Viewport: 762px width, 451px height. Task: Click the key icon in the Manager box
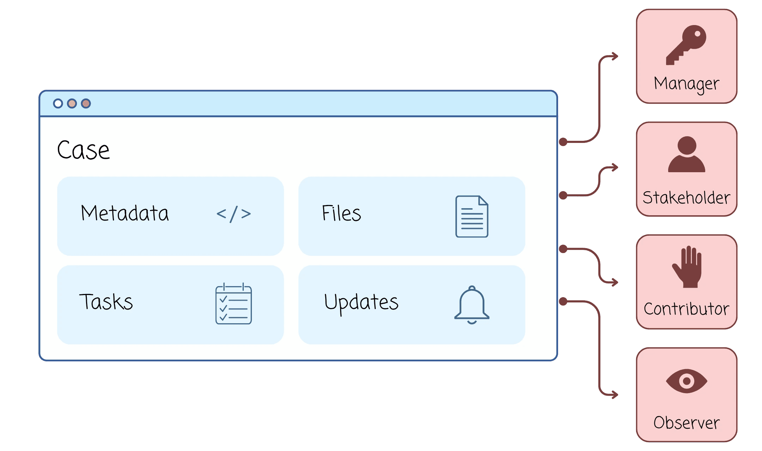coord(686,44)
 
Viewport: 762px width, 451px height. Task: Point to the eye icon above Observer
coord(687,381)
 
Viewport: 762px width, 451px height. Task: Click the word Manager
coord(687,84)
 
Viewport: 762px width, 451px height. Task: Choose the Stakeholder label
coord(687,198)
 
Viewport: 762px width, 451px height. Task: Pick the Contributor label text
coord(687,309)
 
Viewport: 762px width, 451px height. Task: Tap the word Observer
coord(687,423)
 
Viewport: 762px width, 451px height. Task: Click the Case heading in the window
coord(84,150)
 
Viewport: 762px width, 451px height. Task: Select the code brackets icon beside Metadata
coord(234,214)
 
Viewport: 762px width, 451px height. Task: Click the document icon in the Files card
coord(472,216)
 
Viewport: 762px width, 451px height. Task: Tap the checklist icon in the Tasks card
coord(234,304)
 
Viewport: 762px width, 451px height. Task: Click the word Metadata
coord(125,213)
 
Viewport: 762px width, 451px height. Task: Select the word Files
coord(341,214)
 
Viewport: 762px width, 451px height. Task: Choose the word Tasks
coord(106,302)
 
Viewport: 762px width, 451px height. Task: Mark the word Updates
coord(361,303)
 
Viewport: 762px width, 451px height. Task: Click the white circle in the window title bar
coord(58,103)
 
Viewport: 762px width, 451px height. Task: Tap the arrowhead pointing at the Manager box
coord(615,56)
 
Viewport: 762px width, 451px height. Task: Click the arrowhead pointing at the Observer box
coord(615,395)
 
